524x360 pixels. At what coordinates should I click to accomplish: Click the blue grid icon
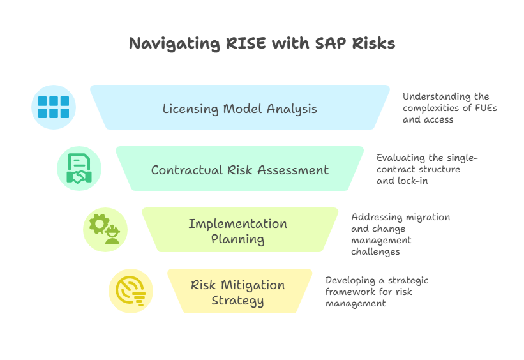[54, 107]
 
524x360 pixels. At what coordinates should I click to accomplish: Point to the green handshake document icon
[79, 169]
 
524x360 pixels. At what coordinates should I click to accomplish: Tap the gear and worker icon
[105, 230]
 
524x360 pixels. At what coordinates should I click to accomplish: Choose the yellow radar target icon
[130, 291]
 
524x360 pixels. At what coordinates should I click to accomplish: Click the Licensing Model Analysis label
[239, 109]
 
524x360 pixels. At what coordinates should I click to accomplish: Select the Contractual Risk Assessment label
[239, 170]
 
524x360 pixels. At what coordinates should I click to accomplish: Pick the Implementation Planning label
[238, 231]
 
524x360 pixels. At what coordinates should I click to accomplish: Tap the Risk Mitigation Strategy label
[238, 292]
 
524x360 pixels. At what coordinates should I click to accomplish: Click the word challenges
[375, 251]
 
